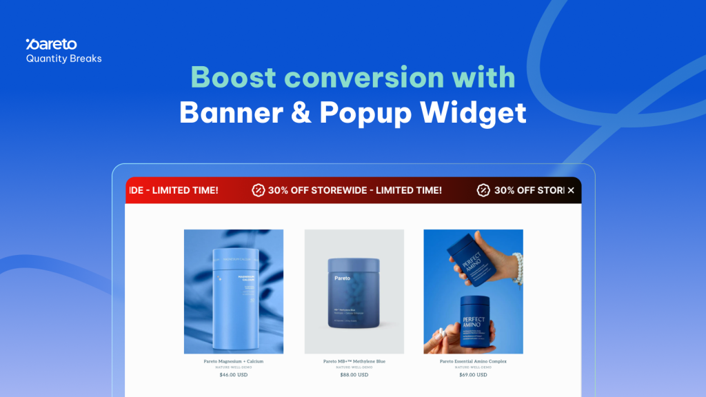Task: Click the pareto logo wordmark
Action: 51,45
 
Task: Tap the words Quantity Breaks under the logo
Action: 63,59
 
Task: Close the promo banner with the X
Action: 571,190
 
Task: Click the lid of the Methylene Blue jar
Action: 354,265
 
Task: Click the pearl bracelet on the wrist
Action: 517,268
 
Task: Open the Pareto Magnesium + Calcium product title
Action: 233,361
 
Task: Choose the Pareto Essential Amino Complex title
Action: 473,361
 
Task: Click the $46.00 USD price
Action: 233,375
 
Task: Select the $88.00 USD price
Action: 354,375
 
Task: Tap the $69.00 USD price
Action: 473,375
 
